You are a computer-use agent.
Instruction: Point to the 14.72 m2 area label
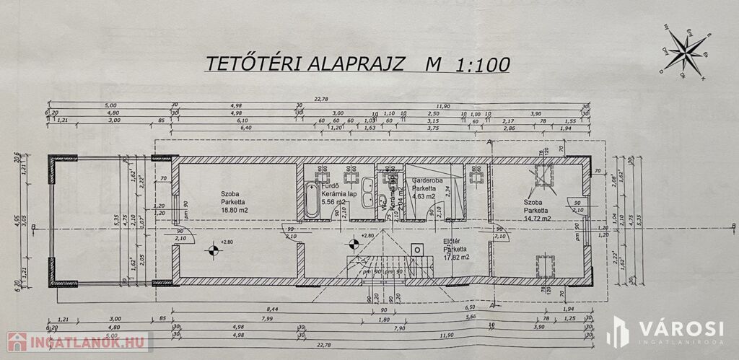coord(538,217)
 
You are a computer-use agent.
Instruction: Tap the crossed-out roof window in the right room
coord(543,175)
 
